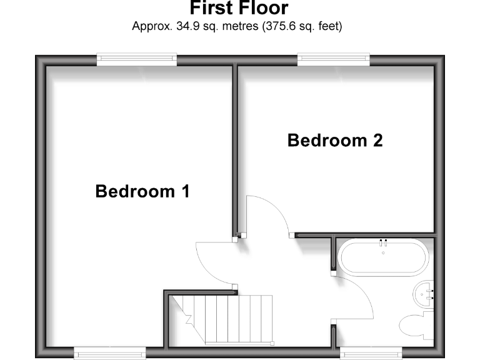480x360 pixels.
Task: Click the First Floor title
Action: coord(239,9)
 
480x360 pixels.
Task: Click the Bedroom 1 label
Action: coord(142,191)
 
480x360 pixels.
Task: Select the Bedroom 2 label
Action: coord(334,140)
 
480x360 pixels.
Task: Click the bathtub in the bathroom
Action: coord(382,257)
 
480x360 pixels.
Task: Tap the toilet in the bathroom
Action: coord(413,325)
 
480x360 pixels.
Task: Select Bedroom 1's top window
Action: coord(137,59)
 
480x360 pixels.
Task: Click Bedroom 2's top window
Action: coord(334,59)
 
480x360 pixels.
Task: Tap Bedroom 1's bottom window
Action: coord(110,352)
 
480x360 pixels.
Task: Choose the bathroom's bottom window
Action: coord(371,352)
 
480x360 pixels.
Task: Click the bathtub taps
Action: coord(383,241)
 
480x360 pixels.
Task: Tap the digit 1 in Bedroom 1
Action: coord(184,191)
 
